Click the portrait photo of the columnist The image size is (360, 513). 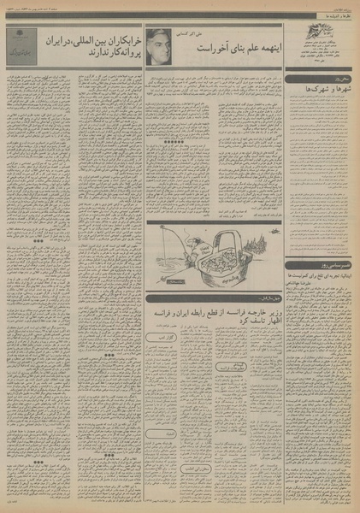pos(159,45)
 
